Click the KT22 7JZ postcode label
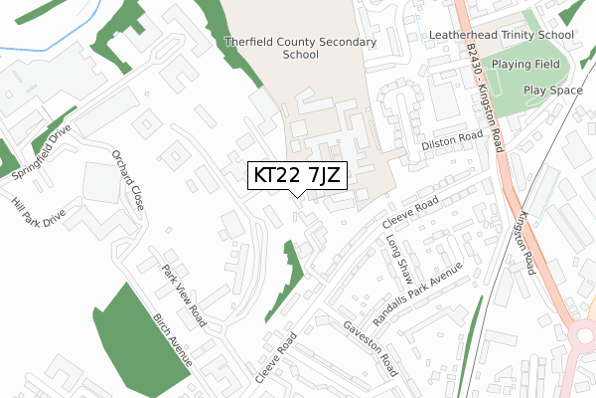click(x=297, y=176)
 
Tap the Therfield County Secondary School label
click(x=300, y=49)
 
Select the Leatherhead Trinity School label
click(x=502, y=34)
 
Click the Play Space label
click(x=551, y=90)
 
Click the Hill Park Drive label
click(x=39, y=222)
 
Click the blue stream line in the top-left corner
click(x=40, y=41)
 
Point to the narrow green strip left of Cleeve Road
click(x=287, y=279)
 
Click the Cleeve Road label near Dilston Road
click(x=408, y=215)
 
